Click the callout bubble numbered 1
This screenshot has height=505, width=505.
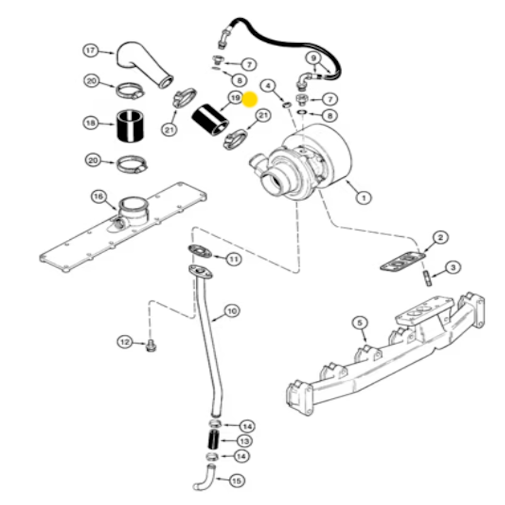pos(363,198)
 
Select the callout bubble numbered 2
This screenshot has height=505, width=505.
pos(441,237)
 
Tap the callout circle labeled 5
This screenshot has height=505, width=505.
pos(359,323)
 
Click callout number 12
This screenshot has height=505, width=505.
pos(124,342)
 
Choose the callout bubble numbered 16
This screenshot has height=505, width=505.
pos(98,196)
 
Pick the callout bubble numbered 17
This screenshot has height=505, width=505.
pos(91,50)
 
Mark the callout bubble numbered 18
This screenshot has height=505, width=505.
pos(91,122)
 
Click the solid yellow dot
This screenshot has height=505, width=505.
pos(250,99)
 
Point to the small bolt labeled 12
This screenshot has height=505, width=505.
pos(150,347)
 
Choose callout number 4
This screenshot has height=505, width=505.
pos(268,85)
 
